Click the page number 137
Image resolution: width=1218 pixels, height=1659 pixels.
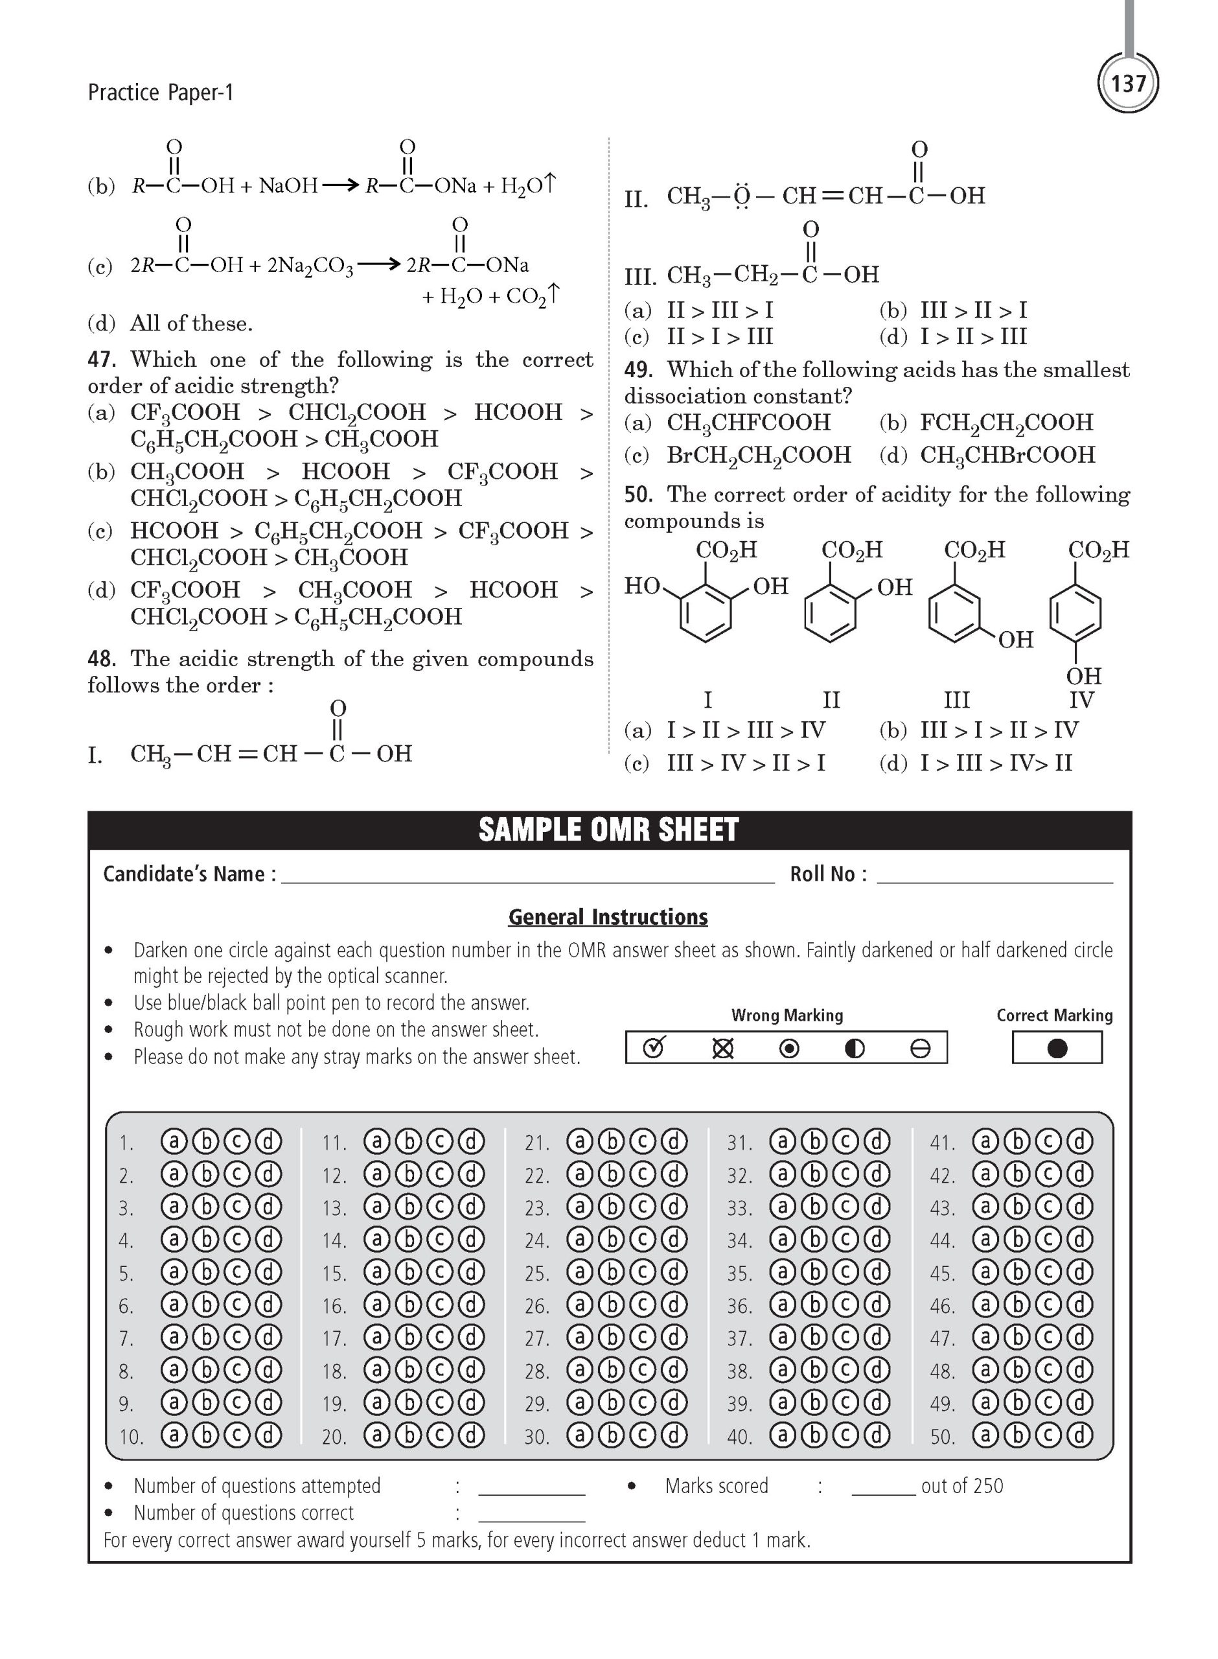pos(1128,84)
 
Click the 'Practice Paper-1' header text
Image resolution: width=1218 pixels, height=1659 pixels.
pos(160,92)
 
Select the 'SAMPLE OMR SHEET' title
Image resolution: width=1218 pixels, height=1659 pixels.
pos(608,829)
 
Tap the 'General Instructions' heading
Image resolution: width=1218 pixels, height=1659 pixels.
pos(608,916)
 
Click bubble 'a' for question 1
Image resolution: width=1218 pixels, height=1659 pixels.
pos(174,1141)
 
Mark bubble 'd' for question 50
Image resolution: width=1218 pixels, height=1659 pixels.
pos(1079,1435)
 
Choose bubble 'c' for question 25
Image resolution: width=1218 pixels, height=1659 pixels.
pos(642,1272)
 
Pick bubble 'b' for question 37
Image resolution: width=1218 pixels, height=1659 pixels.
pos(814,1337)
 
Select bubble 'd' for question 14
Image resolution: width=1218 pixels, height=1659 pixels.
pos(472,1240)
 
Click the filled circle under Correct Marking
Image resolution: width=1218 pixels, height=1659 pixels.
pos(1057,1048)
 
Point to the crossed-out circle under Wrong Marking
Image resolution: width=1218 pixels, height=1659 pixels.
pos(722,1048)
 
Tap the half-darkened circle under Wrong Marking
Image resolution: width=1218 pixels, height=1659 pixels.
pos(854,1048)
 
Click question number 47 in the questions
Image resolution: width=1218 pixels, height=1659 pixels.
pos(102,360)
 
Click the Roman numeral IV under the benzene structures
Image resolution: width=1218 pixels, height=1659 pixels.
pos(1081,699)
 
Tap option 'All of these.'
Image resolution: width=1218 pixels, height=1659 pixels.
pos(191,323)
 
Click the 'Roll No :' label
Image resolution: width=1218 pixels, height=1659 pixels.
pos(828,874)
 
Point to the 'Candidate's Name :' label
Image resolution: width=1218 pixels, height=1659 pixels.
pos(189,874)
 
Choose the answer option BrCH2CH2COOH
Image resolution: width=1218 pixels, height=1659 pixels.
pos(759,455)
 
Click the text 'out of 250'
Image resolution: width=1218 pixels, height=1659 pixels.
pos(962,1486)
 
